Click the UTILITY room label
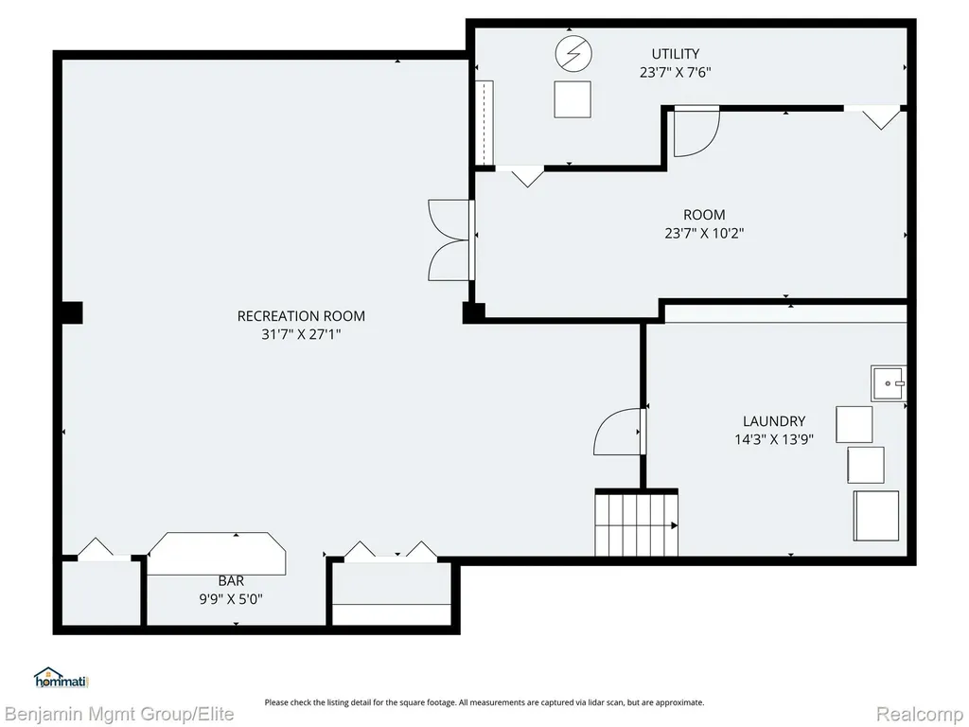click(676, 54)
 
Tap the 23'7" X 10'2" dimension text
click(704, 233)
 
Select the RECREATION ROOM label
click(301, 316)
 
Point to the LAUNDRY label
click(774, 421)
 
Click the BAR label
click(231, 580)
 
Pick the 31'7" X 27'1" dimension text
click(301, 334)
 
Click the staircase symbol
click(637, 523)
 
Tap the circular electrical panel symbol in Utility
click(573, 54)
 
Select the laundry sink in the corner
click(889, 383)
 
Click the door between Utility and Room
click(696, 131)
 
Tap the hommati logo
click(62, 678)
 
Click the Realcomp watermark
click(919, 714)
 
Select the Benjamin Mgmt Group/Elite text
click(119, 714)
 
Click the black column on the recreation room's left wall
click(72, 312)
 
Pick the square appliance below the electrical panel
click(573, 99)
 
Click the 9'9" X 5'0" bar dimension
click(231, 599)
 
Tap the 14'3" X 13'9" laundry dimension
click(774, 439)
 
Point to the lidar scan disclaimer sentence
click(484, 702)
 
